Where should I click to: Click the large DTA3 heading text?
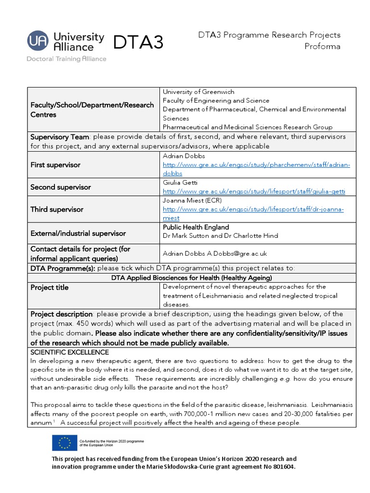click(138, 43)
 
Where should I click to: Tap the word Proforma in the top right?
click(322, 47)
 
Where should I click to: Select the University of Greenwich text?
click(198, 92)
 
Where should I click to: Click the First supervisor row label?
click(55, 165)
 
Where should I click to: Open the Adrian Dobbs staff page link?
click(256, 165)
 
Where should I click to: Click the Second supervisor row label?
click(60, 187)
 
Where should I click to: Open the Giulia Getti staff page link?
click(254, 192)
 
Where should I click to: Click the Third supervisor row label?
click(57, 209)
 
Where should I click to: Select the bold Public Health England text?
click(196, 227)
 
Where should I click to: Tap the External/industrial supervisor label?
click(78, 234)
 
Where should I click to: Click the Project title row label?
click(49, 287)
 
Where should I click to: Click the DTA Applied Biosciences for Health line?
click(191, 278)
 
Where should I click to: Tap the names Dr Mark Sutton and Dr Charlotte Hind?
click(220, 236)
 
